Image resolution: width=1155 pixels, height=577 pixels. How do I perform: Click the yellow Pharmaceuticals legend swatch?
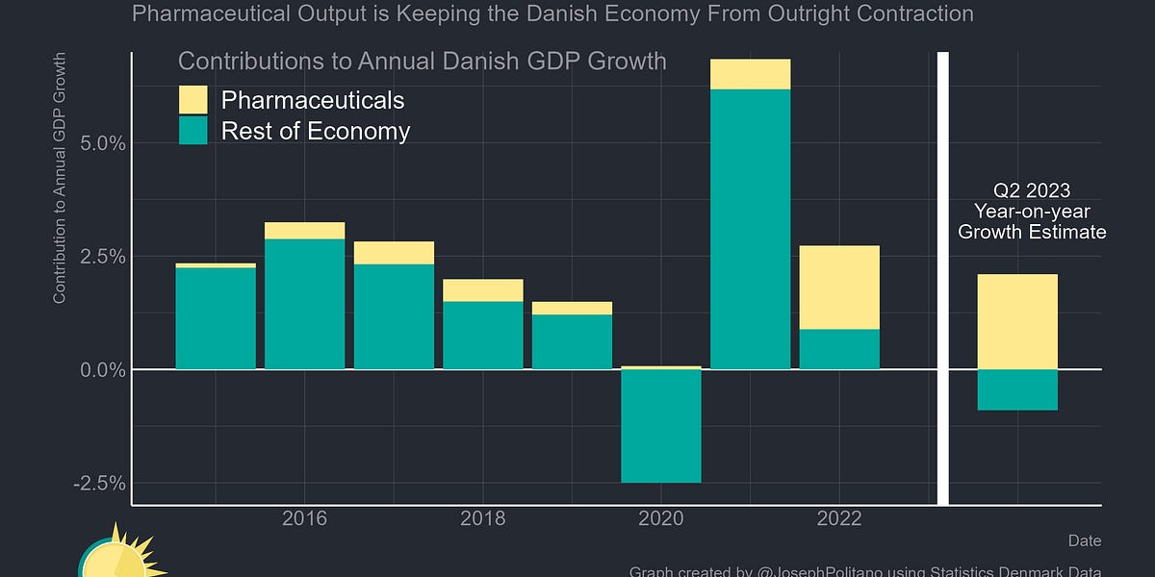coord(193,100)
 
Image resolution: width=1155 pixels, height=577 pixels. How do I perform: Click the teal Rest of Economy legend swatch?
coord(193,131)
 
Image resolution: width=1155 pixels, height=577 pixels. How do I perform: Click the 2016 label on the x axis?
coord(304,519)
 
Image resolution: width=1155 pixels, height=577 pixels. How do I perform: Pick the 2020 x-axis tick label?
coord(661,519)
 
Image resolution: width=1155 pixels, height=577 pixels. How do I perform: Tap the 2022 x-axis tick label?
coord(839,519)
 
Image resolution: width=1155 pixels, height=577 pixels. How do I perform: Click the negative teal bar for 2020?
coord(661,426)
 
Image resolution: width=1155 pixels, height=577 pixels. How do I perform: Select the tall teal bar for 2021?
coord(750,229)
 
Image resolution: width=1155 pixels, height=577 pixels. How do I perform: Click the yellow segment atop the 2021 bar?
coord(750,74)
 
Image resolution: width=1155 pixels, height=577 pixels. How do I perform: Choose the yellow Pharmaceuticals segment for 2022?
coord(839,288)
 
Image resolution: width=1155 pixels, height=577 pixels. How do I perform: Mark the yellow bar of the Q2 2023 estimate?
coord(1017,321)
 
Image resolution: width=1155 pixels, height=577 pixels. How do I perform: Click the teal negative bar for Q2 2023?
coord(1017,389)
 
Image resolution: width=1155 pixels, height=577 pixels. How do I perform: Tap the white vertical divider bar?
coord(943,279)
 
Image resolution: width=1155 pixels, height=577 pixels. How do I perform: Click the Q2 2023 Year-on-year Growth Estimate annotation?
coord(1032,212)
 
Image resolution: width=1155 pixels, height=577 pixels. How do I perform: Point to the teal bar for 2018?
coord(483,335)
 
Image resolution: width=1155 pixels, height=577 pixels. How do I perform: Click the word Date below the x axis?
coord(1084,540)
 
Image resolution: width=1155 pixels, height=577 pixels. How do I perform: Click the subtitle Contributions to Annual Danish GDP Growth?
coord(422,62)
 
